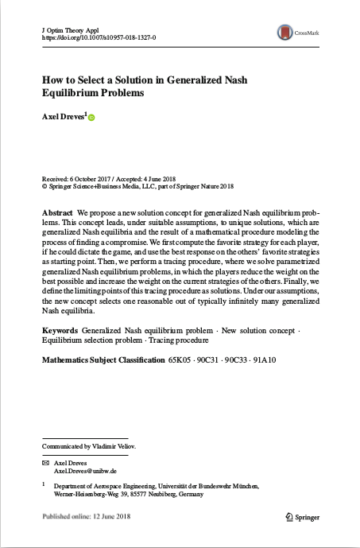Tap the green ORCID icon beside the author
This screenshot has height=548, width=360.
point(91,119)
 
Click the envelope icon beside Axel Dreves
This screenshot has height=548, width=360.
point(45,462)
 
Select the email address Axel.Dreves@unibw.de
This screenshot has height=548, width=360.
point(85,471)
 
